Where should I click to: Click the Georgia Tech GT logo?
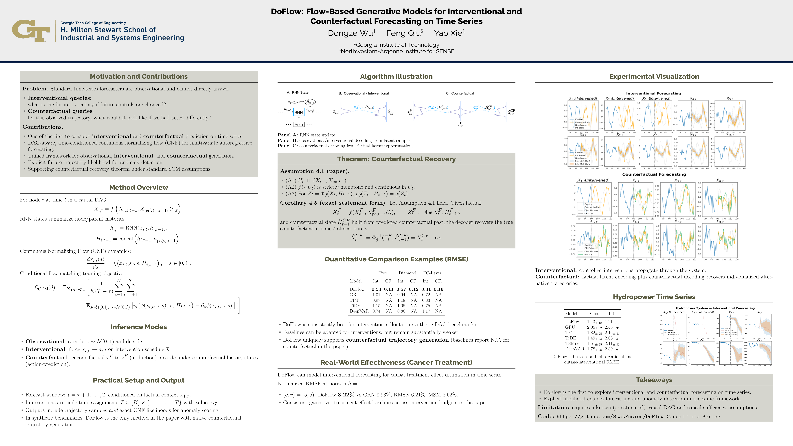pos(31,31)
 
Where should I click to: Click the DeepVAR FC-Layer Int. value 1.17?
pos(426,311)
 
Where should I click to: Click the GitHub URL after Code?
pos(638,417)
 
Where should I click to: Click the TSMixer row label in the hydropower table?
pos(574,343)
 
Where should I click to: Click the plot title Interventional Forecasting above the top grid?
pos(653,93)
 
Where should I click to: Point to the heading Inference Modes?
pos(138,327)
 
